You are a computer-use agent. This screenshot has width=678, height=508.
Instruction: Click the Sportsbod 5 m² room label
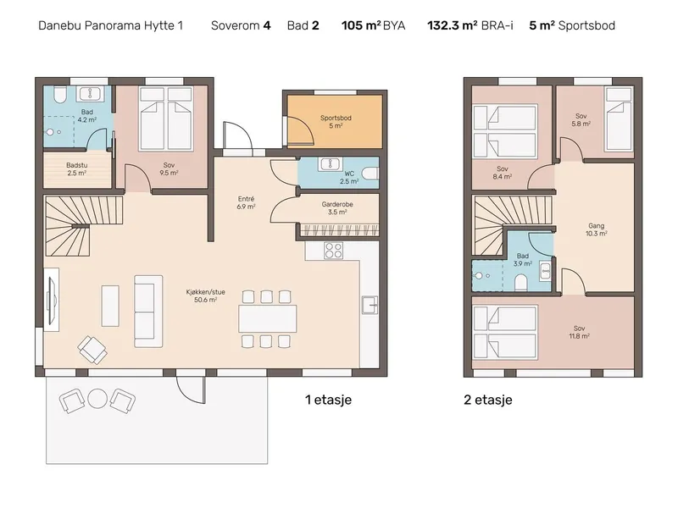tap(336, 121)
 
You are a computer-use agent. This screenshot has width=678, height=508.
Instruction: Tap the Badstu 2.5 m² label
tap(76, 168)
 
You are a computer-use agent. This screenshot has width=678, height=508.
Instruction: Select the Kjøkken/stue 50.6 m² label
tap(205, 295)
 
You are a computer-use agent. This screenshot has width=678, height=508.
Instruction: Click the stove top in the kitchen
tap(333, 250)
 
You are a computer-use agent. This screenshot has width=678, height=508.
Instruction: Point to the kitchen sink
tap(370, 305)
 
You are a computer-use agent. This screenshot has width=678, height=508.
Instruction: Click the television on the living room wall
tap(52, 300)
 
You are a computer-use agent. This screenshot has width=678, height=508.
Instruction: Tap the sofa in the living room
tap(148, 312)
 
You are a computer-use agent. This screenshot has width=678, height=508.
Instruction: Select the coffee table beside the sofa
tap(110, 306)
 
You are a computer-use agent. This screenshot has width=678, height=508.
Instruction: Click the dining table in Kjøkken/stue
tap(267, 319)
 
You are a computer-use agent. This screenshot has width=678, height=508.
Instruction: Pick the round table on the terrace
tap(97, 399)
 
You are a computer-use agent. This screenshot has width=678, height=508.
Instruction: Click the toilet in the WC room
tap(370, 174)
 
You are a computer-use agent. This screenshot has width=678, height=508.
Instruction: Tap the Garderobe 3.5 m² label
tap(337, 208)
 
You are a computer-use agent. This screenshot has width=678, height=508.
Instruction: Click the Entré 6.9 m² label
tap(246, 202)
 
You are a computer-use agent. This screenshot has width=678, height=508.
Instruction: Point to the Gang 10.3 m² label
tap(597, 229)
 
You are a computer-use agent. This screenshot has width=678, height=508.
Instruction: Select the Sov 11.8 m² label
tap(580, 332)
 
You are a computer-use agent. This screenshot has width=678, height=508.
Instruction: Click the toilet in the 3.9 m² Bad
tap(520, 284)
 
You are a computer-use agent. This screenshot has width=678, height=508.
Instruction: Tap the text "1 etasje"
tap(328, 400)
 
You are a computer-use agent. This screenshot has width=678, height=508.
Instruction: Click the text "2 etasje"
tap(488, 400)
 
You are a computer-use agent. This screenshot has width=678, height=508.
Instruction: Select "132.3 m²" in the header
tap(453, 25)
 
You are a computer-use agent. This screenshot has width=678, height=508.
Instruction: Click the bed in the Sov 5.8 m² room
tap(619, 119)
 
